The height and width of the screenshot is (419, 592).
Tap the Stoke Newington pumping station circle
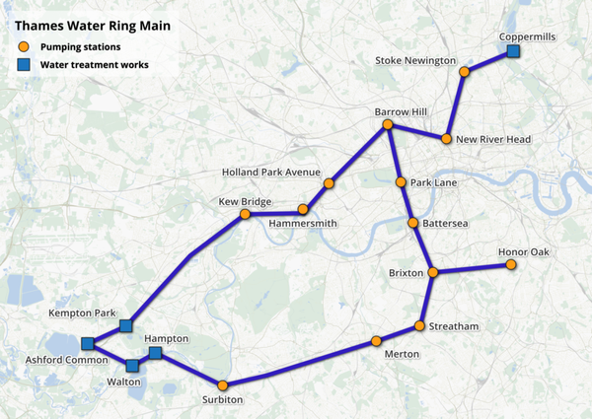point(464,72)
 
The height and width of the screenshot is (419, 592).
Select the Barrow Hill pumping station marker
point(388,125)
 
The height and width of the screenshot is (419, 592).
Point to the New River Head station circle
point(446,139)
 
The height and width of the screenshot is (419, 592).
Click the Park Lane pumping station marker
point(401,182)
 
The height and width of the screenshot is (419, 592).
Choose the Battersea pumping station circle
point(413,224)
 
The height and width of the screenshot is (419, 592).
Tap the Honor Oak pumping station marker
point(511,264)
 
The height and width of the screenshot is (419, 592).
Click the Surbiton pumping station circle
point(223,384)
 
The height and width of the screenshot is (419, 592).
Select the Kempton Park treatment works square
point(125,325)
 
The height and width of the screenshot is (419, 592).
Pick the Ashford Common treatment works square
point(88,343)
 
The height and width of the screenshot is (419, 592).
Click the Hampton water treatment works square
point(155,352)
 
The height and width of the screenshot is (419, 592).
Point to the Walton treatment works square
point(132,366)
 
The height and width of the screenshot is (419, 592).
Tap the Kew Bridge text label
point(245,202)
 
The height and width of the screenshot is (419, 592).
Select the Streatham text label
point(454,326)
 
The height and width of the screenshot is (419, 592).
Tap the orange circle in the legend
point(23,46)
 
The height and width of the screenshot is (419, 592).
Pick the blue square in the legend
point(23,65)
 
